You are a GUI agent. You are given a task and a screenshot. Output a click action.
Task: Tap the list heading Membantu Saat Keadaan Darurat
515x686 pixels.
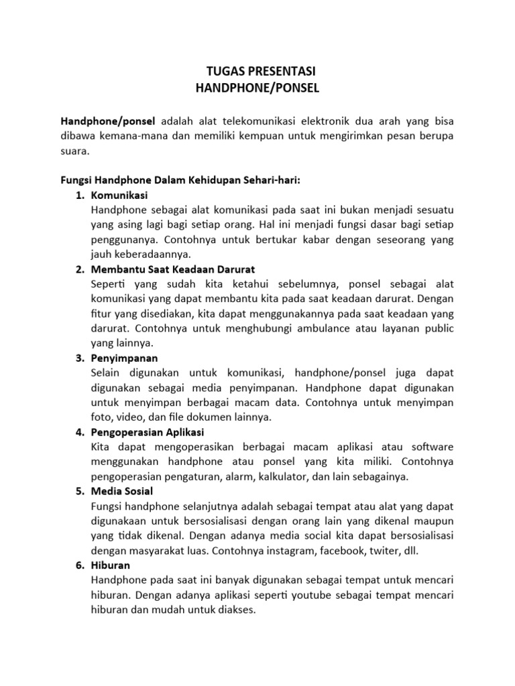pos(172,269)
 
